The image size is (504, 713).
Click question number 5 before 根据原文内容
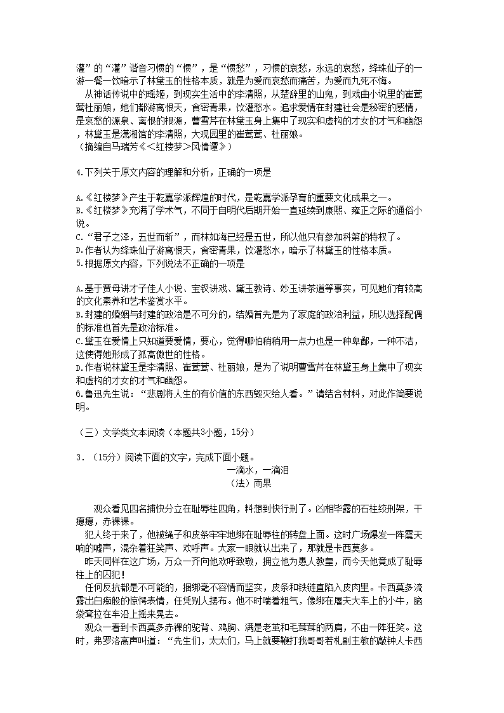point(77,262)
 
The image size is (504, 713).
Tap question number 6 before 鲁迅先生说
point(77,395)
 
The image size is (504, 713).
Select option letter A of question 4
point(77,196)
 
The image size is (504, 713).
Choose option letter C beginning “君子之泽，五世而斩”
point(77,237)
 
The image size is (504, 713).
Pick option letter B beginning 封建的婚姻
point(77,315)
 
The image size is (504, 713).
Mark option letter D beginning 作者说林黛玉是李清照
point(77,368)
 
